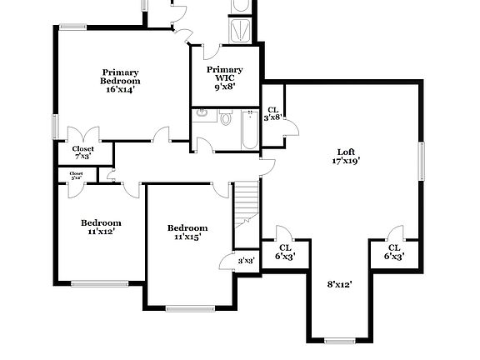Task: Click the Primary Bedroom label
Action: click(121, 76)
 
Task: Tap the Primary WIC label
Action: click(225, 74)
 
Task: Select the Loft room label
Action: click(346, 152)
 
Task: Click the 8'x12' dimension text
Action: click(339, 284)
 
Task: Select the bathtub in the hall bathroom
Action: click(247, 132)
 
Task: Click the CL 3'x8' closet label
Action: click(273, 114)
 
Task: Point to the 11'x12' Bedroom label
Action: click(101, 227)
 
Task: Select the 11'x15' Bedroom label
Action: click(187, 232)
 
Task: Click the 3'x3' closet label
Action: click(246, 262)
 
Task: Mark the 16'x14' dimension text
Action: click(121, 90)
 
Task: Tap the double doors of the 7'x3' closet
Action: click(83, 134)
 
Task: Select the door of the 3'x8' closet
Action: click(291, 125)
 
